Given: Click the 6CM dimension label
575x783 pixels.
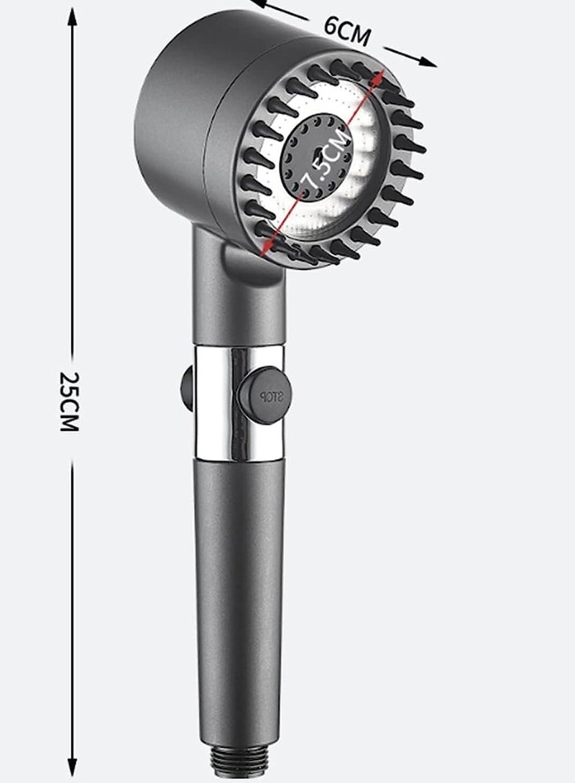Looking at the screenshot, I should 347,28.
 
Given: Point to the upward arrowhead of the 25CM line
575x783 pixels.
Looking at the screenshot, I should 72,16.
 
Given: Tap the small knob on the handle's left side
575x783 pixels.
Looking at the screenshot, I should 186,388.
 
